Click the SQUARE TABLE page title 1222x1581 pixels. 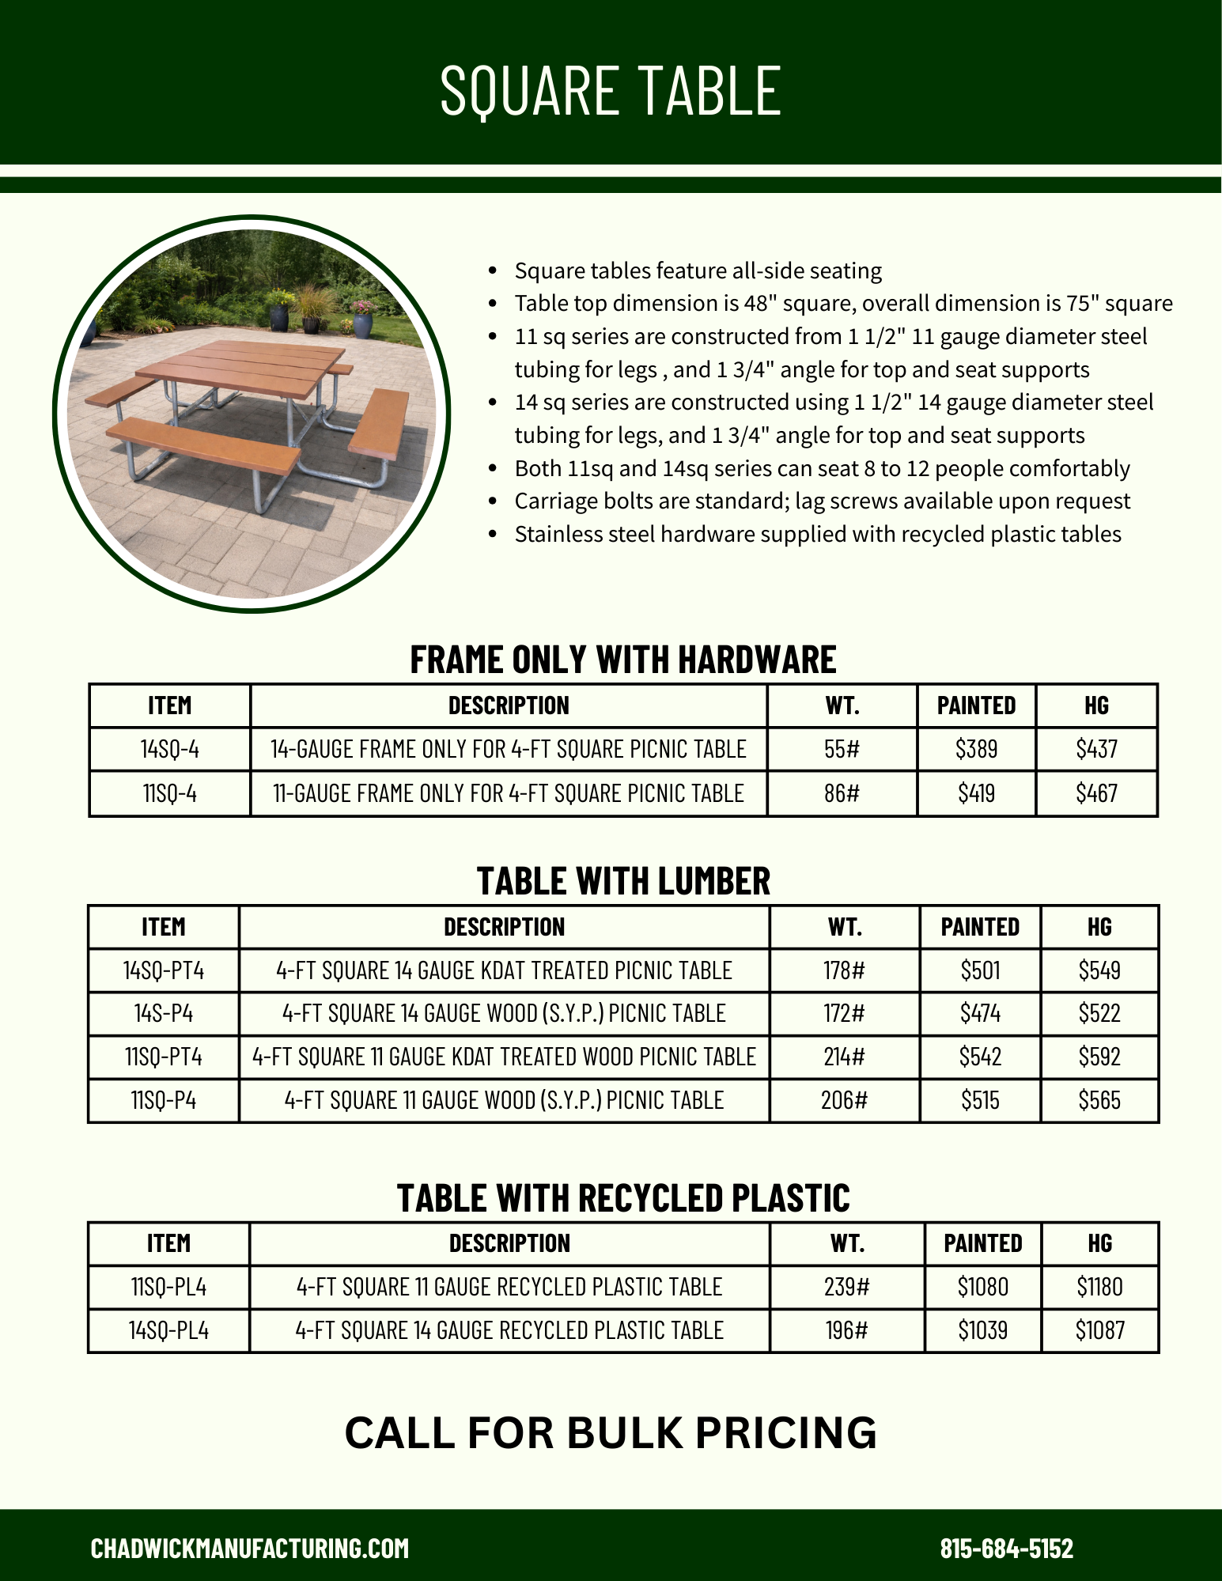(611, 90)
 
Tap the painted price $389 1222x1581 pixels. (976, 749)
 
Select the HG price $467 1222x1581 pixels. (1096, 793)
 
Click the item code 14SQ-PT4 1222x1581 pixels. (164, 970)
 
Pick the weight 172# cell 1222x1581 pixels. (844, 1014)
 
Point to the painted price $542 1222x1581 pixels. (980, 1057)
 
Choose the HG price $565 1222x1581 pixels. (1099, 1100)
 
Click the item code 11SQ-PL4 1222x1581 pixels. (168, 1287)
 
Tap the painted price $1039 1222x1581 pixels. (982, 1330)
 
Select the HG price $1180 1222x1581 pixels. (1099, 1287)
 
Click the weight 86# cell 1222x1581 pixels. (842, 793)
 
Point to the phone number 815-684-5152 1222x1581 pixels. (1006, 1548)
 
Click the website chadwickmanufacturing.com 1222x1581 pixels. (250, 1548)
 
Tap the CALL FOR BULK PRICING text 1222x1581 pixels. (611, 1433)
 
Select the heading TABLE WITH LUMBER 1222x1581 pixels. (623, 881)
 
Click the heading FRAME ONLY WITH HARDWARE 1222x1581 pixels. (623, 660)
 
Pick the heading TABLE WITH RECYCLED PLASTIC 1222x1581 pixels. (623, 1197)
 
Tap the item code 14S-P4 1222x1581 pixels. (164, 1014)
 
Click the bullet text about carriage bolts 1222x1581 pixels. (822, 501)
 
